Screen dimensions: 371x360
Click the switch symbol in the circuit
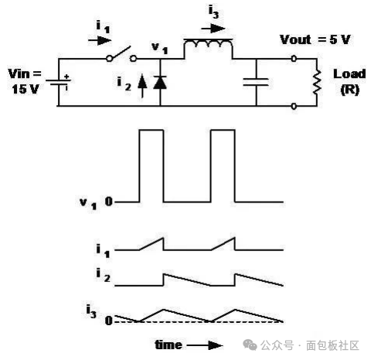click(x=121, y=55)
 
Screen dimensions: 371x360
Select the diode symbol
click(x=160, y=83)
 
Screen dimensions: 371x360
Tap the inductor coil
click(x=208, y=44)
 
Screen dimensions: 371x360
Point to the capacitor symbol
click(x=256, y=82)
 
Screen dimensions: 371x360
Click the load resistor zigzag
click(x=317, y=82)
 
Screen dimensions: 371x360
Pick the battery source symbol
click(x=59, y=82)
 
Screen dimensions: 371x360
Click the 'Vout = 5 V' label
click(x=315, y=39)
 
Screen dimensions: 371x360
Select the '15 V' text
click(x=26, y=90)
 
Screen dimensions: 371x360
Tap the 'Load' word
click(x=349, y=74)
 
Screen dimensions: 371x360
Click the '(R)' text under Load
click(x=349, y=90)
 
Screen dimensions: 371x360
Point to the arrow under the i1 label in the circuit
click(x=100, y=40)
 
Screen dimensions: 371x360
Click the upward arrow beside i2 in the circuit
click(x=142, y=86)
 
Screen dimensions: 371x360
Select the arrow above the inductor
click(x=213, y=29)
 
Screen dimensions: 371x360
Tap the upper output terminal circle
click(x=294, y=59)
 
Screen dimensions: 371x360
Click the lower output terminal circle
click(x=294, y=106)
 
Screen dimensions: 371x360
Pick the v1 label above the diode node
click(x=160, y=48)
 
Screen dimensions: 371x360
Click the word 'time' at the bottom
click(x=168, y=345)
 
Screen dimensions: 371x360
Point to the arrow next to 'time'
click(x=205, y=345)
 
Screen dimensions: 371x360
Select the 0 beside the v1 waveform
click(x=109, y=202)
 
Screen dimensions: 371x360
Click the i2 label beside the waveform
click(x=103, y=275)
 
